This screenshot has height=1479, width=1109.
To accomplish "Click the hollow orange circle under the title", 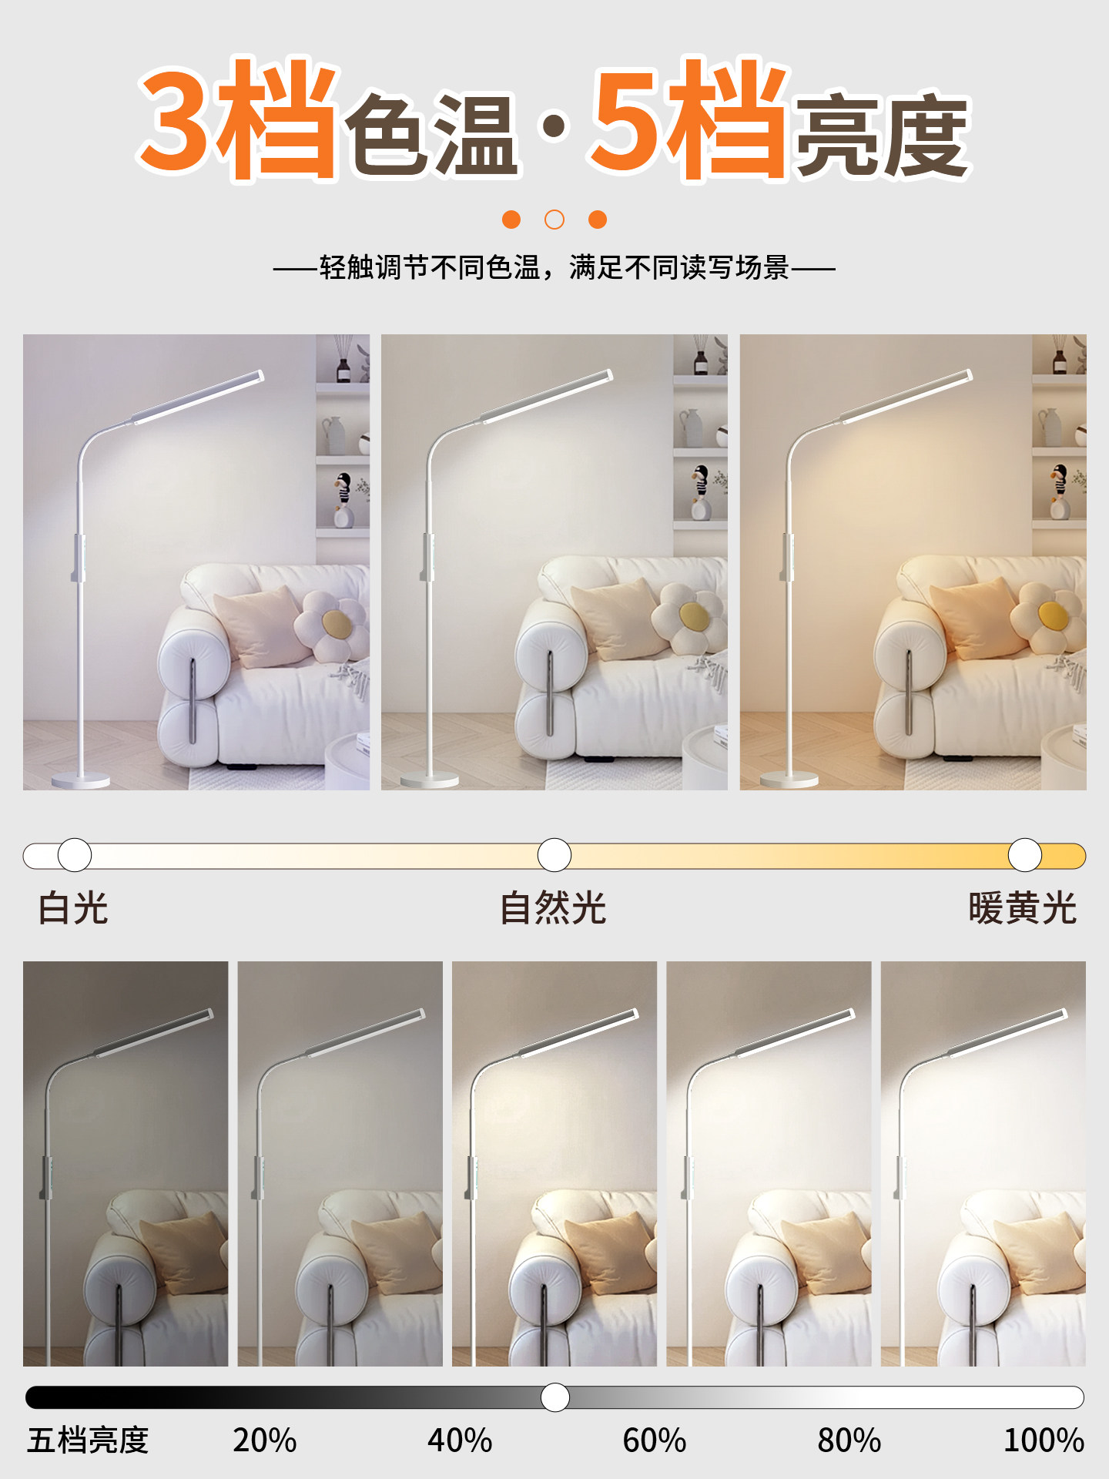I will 554,220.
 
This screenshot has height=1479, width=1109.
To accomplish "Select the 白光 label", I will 73,908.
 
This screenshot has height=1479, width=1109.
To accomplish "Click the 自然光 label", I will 553,908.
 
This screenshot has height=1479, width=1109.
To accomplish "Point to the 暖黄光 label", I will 1022,908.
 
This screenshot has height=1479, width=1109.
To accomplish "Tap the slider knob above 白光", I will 75,855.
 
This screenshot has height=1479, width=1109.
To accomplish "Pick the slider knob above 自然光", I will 554,855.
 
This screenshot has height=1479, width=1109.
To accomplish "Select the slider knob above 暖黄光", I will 1025,855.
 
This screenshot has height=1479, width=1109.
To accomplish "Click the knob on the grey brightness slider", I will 554,1397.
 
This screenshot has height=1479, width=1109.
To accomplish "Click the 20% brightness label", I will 264,1440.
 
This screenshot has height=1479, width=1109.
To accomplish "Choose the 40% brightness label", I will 460,1440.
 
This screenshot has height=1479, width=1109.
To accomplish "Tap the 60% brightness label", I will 655,1440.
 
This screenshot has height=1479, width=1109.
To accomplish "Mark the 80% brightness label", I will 849,1440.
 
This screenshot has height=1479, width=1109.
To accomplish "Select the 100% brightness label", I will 1044,1440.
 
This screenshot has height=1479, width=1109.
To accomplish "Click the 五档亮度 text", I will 88,1440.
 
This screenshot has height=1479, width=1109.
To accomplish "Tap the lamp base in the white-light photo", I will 81,780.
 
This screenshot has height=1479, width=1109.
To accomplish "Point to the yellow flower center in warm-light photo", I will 1052,615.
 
